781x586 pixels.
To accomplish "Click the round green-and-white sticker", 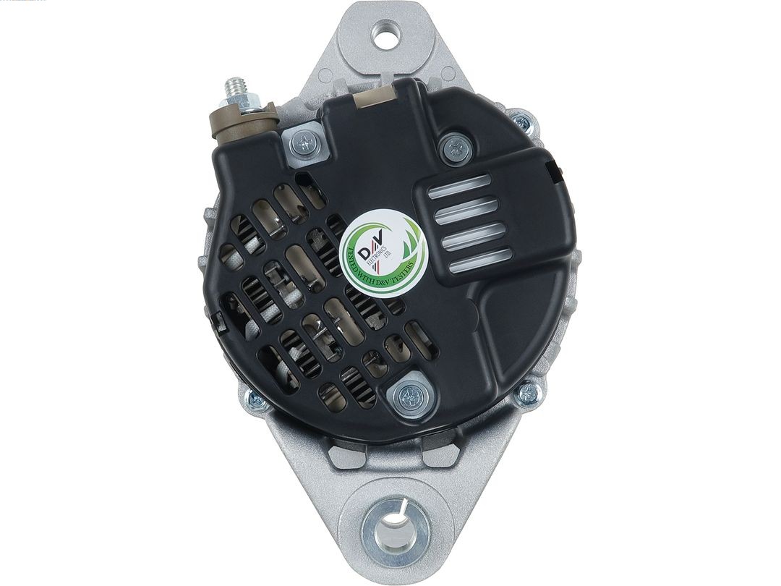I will coord(381,250).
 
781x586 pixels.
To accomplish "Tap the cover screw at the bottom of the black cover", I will coord(409,394).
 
